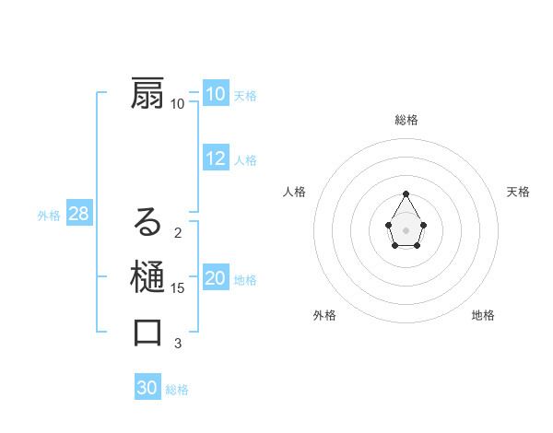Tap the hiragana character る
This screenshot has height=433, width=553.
[148, 222]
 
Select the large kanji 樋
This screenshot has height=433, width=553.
[148, 277]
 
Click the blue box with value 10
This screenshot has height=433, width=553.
[216, 94]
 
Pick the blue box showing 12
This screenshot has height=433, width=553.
[216, 158]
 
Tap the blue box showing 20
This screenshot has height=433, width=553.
[216, 278]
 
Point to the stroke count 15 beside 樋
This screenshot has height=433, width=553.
[178, 288]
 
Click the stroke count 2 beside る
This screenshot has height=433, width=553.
[178, 233]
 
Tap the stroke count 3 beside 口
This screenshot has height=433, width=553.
[178, 344]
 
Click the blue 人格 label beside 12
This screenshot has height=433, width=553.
[245, 160]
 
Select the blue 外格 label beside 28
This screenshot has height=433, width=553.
[49, 216]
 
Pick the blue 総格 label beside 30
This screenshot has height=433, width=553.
[177, 390]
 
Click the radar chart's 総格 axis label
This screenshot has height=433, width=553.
[406, 120]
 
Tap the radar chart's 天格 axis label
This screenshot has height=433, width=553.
[518, 192]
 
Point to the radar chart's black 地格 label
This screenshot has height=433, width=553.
[483, 315]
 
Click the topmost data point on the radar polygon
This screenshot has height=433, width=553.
[406, 193]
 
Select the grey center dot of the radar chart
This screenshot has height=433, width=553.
[406, 229]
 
